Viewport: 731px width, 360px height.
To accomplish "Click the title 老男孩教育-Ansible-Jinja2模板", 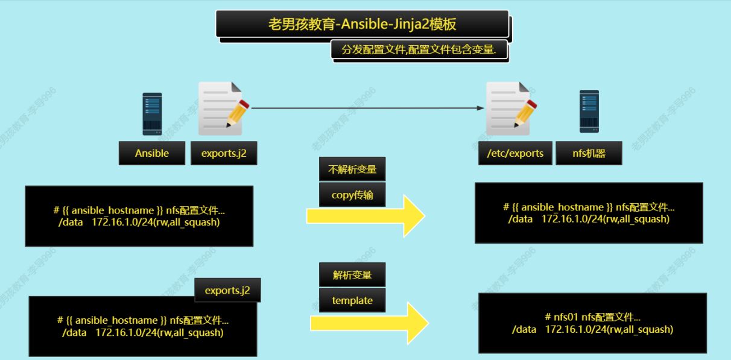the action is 362,24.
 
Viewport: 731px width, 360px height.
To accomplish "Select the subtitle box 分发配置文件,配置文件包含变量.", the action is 419,50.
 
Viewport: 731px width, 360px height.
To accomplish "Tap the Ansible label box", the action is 152,153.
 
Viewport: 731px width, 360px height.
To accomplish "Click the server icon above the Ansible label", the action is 152,113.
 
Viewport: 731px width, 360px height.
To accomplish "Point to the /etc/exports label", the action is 515,153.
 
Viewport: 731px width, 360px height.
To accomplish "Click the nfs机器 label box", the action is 589,153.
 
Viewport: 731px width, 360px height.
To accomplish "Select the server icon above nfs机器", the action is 589,111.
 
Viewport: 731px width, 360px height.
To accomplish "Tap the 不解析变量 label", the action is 352,169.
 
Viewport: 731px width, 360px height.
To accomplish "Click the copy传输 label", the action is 352,195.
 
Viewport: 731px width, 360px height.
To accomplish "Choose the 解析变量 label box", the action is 352,275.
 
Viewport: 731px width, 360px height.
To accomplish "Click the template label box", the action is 352,300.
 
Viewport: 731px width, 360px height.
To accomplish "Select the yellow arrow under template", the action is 369,323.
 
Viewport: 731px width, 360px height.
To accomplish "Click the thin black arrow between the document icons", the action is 367,108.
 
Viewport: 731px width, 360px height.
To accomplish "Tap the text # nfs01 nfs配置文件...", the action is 592,317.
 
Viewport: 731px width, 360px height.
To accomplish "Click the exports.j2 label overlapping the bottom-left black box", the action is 227,290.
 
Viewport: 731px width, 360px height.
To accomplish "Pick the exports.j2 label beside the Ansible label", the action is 224,153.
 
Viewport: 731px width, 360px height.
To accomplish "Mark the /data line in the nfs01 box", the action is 592,329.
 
